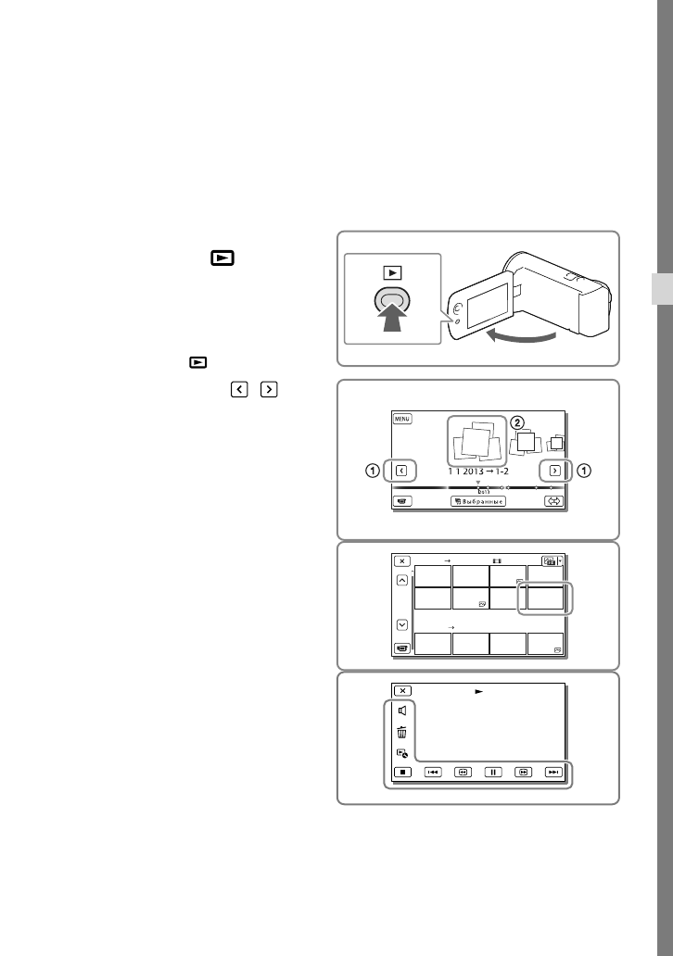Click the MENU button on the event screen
coord(402,419)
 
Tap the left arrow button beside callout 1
coord(401,471)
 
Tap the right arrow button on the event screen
coord(553,471)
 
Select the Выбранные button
coord(478,501)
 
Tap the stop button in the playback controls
coord(401,771)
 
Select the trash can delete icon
coord(402,732)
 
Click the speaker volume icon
coord(402,711)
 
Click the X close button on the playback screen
coord(402,690)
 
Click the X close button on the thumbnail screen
coord(402,560)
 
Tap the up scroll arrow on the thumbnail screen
coord(402,581)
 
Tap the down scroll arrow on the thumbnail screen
coord(402,623)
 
